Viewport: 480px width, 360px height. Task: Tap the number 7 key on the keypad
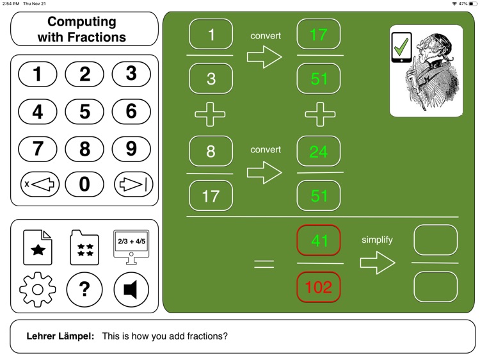point(38,149)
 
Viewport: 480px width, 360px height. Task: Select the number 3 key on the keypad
point(131,74)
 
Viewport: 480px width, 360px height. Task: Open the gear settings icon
point(38,290)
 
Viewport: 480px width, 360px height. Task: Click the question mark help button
point(84,290)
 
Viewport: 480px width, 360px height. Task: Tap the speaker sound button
point(131,290)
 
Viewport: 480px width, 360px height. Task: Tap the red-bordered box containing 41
point(319,241)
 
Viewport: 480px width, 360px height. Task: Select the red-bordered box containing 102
point(319,287)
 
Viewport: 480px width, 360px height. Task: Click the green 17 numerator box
point(319,35)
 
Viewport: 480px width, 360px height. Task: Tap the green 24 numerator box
point(319,151)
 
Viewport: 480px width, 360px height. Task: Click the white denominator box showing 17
point(211,195)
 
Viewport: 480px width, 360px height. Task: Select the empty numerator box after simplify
point(435,241)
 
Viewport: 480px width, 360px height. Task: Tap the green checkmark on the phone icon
point(401,47)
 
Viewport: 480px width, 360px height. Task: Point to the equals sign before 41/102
point(264,264)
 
